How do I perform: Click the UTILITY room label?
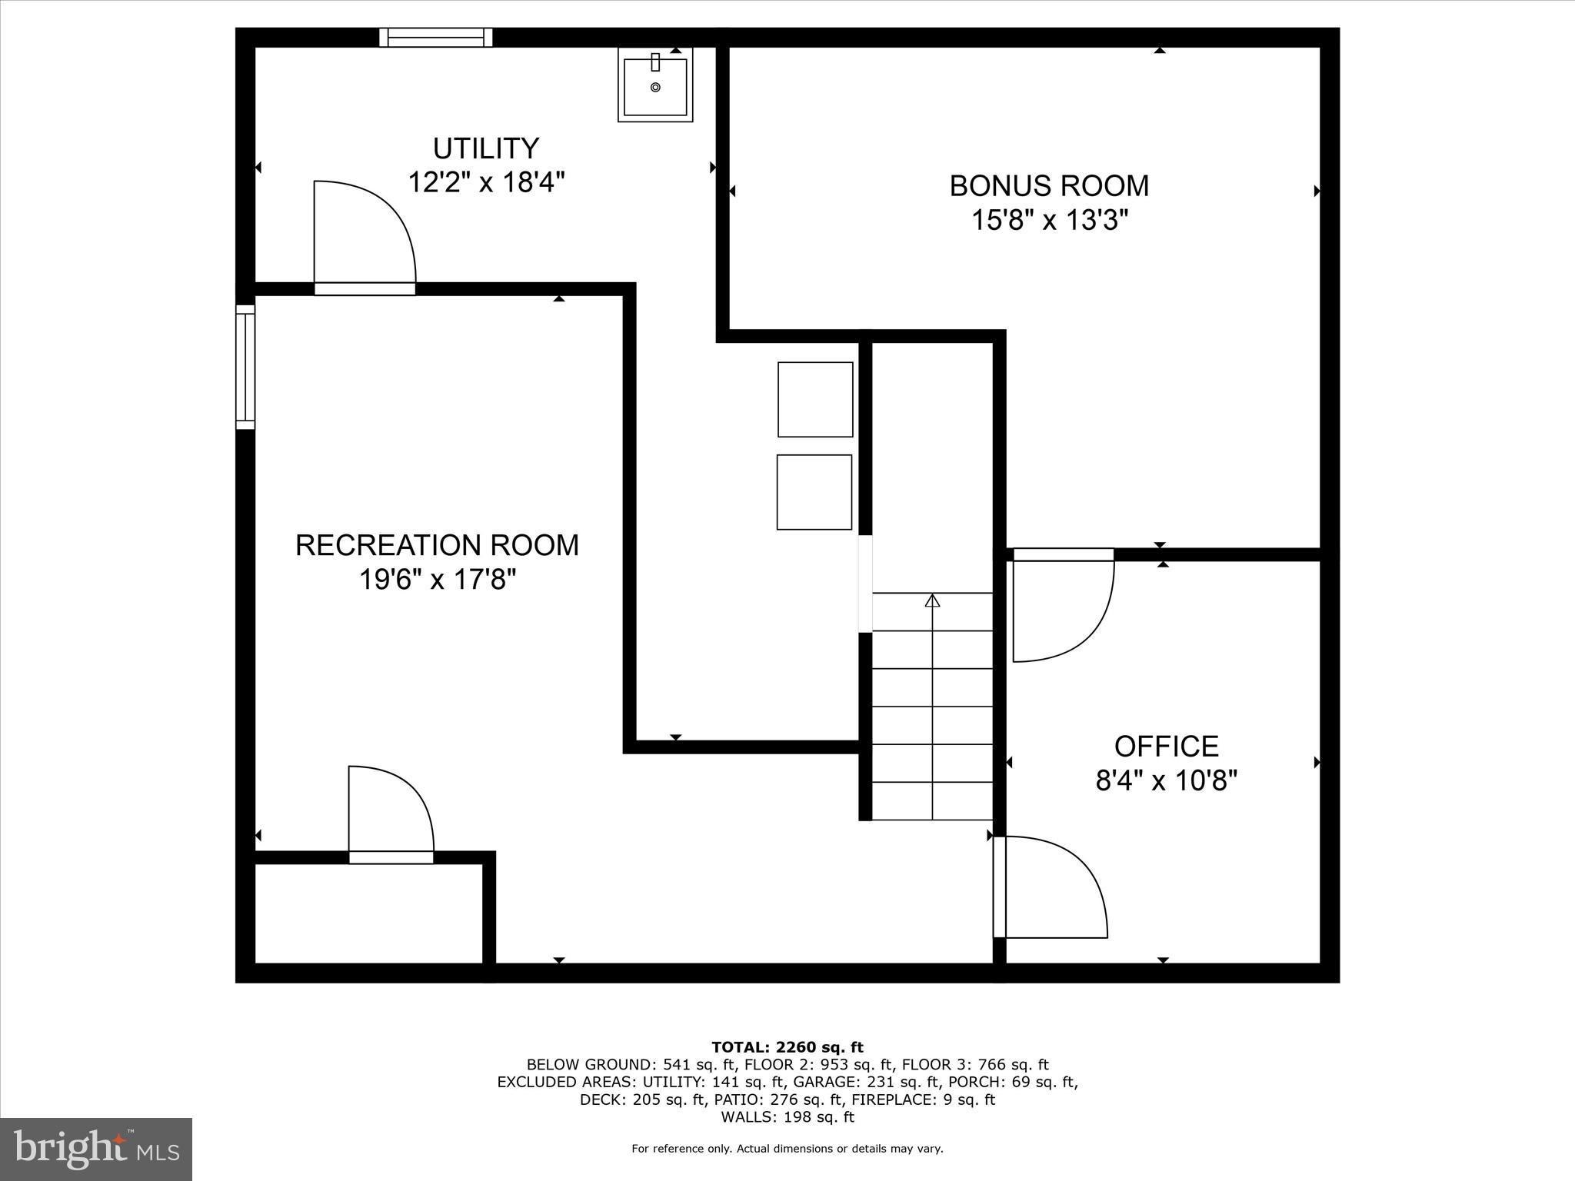pyautogui.click(x=485, y=148)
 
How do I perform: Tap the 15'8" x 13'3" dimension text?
pyautogui.click(x=1049, y=221)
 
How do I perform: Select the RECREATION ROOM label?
pyautogui.click(x=437, y=545)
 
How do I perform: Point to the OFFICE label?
pyautogui.click(x=1166, y=747)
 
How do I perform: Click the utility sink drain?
pyautogui.click(x=655, y=88)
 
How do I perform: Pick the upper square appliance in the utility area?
pyautogui.click(x=815, y=399)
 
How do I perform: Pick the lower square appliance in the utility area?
pyautogui.click(x=814, y=492)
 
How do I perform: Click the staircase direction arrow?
pyautogui.click(x=932, y=600)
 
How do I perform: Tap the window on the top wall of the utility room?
pyautogui.click(x=436, y=37)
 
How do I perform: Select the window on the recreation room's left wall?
pyautogui.click(x=245, y=367)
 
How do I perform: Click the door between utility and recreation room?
pyautogui.click(x=365, y=288)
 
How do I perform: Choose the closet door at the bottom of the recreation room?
pyautogui.click(x=391, y=857)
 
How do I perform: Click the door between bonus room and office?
pyautogui.click(x=1063, y=554)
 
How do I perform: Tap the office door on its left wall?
pyautogui.click(x=1000, y=887)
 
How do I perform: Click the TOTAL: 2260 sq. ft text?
pyautogui.click(x=787, y=1047)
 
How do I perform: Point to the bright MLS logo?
pyautogui.click(x=96, y=1149)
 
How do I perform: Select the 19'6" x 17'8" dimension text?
pyautogui.click(x=437, y=580)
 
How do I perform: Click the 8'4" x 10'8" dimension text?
pyautogui.click(x=1166, y=781)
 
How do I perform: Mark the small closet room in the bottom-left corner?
pyautogui.click(x=368, y=913)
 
